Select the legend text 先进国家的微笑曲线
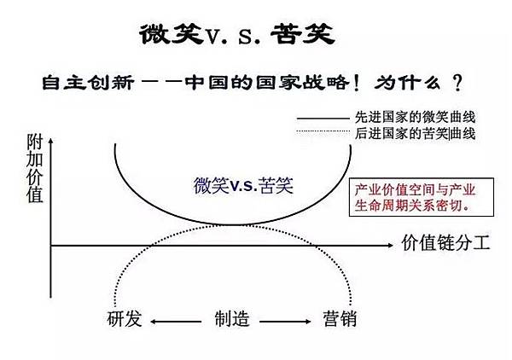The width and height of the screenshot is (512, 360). click(414, 117)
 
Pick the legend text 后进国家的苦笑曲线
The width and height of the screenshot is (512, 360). click(416, 133)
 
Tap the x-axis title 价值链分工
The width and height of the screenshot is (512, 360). click(445, 243)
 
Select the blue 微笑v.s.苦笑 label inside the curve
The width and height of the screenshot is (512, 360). click(243, 184)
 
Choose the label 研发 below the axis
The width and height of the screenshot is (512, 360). click(125, 319)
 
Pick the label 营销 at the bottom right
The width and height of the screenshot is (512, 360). click(340, 319)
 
